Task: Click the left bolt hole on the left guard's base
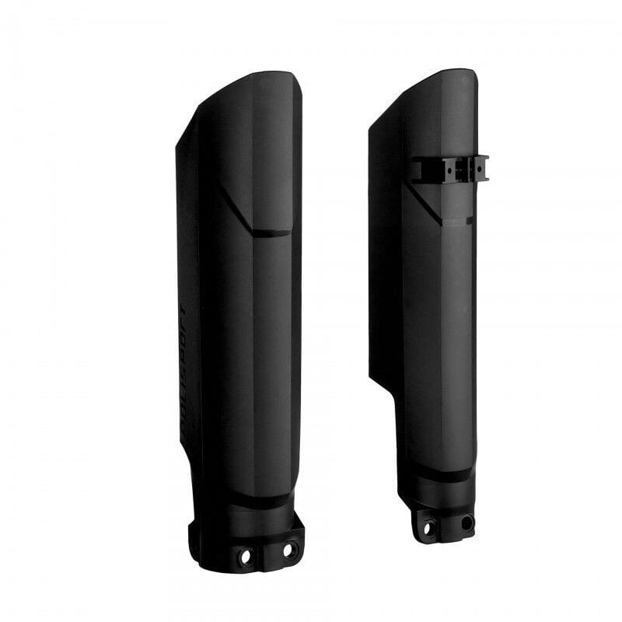point(246,557)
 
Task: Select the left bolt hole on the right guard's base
point(427,528)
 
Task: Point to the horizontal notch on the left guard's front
point(272,232)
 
